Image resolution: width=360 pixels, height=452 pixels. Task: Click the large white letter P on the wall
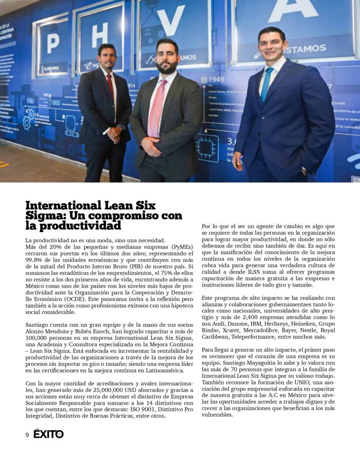pyautogui.click(x=53, y=43)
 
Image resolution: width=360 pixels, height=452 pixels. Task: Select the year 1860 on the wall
pyautogui.click(x=55, y=102)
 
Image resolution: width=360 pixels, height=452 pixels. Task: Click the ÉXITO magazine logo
pyautogui.click(x=49, y=434)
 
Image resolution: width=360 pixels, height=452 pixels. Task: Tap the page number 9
pyautogui.click(x=27, y=435)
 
